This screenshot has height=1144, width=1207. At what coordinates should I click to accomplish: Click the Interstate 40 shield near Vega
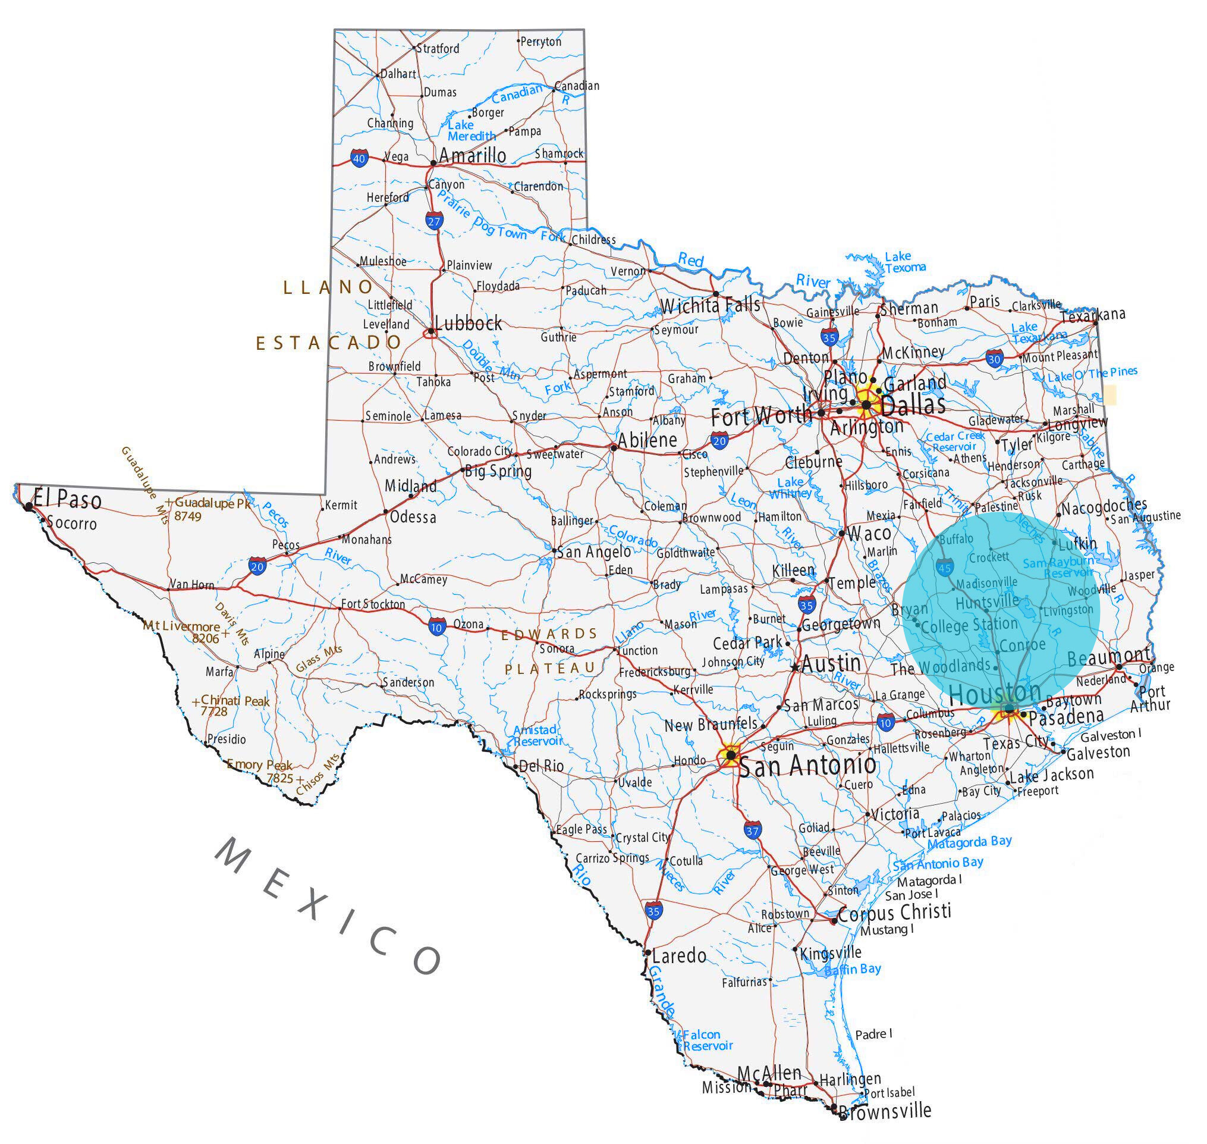359,159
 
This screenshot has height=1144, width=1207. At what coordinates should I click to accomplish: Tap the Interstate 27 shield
434,221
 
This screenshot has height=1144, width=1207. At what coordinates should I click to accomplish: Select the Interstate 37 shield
752,830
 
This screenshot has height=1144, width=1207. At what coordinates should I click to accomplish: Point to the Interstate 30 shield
994,359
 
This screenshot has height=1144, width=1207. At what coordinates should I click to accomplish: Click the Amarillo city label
473,155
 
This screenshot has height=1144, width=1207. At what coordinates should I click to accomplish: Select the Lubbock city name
468,323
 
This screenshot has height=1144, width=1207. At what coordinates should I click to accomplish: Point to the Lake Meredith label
470,130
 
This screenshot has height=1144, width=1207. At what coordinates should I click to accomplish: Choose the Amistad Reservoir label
537,735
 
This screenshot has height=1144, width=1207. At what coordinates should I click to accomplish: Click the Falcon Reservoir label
706,1040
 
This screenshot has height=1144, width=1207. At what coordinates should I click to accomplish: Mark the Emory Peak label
261,766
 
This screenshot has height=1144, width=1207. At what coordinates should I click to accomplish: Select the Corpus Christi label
894,913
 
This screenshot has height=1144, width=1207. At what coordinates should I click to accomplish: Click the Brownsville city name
885,1111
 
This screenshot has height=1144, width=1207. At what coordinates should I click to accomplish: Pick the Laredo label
678,955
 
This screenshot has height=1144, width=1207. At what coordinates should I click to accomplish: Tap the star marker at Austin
795,667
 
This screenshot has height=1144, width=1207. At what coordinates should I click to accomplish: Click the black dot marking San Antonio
731,756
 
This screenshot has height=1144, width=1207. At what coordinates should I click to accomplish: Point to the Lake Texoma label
904,262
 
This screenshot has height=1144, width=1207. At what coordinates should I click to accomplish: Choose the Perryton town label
540,42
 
